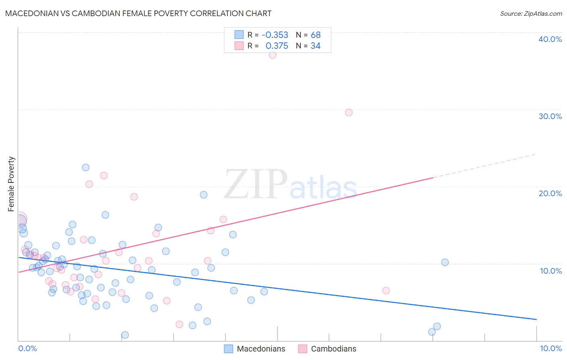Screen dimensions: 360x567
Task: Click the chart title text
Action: pos(138,13)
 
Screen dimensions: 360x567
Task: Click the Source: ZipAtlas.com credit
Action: pos(531,14)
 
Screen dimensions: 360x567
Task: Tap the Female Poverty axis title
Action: pos(11,184)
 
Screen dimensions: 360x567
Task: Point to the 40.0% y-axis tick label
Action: pos(550,39)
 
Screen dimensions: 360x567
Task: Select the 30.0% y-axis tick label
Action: pos(550,116)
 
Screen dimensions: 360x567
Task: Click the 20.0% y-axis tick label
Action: pos(550,193)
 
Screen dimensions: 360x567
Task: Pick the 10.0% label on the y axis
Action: pos(551,271)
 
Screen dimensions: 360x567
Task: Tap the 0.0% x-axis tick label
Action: pos(27,348)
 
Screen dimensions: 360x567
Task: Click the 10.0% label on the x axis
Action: pos(551,348)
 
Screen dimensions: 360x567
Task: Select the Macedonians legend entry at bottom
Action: pos(255,349)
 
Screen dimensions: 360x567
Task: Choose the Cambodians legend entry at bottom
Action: pos(327,349)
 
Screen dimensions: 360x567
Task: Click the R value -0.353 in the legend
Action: pos(275,35)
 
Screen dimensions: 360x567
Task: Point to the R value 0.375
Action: pos(277,46)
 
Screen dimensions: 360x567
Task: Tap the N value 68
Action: pos(315,35)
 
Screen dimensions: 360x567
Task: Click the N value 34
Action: pos(315,46)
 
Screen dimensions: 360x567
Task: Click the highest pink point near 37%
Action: pos(273,55)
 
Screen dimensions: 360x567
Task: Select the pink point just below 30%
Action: pos(349,113)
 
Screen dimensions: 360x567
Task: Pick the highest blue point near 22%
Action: pos(85,167)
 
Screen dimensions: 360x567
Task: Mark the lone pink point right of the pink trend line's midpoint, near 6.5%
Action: pos(386,291)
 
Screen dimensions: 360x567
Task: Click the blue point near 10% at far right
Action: pos(445,262)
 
